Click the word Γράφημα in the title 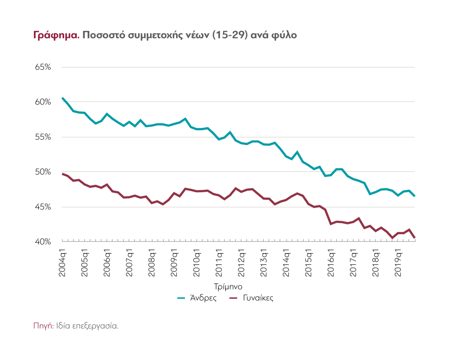(x=55, y=35)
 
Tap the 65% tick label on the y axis (x=43, y=67)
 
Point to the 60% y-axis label (x=43, y=102)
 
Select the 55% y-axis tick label (x=43, y=137)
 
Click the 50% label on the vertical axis (x=43, y=172)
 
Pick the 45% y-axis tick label (x=43, y=207)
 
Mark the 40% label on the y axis (x=43, y=242)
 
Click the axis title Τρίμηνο (x=228, y=285)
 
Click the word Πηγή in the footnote (x=43, y=325)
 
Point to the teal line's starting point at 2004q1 (x=62, y=98)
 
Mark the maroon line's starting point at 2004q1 (x=62, y=174)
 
